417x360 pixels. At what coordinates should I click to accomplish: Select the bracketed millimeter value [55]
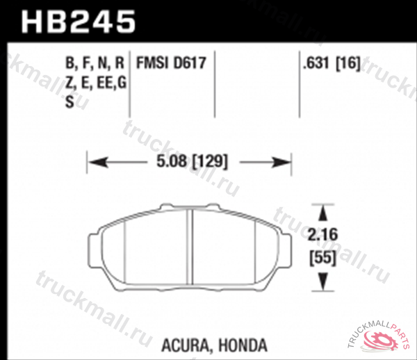click(x=321, y=256)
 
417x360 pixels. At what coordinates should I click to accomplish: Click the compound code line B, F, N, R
click(x=95, y=64)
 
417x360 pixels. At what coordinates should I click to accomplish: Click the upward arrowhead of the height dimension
click(x=322, y=211)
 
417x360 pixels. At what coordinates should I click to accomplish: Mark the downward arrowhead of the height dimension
click(x=322, y=282)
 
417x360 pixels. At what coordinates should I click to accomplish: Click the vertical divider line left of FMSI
click(x=131, y=83)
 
